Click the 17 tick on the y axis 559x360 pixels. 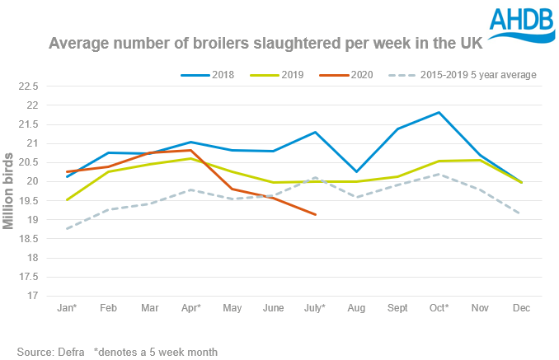pyautogui.click(x=33, y=295)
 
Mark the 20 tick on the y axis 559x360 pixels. pyautogui.click(x=33, y=181)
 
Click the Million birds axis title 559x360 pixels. pyautogui.click(x=11, y=190)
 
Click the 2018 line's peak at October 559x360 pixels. pyautogui.click(x=439, y=112)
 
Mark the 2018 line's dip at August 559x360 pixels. pyautogui.click(x=357, y=171)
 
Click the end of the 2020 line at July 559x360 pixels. pyautogui.click(x=315, y=214)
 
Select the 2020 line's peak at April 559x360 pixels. pyautogui.click(x=190, y=150)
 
